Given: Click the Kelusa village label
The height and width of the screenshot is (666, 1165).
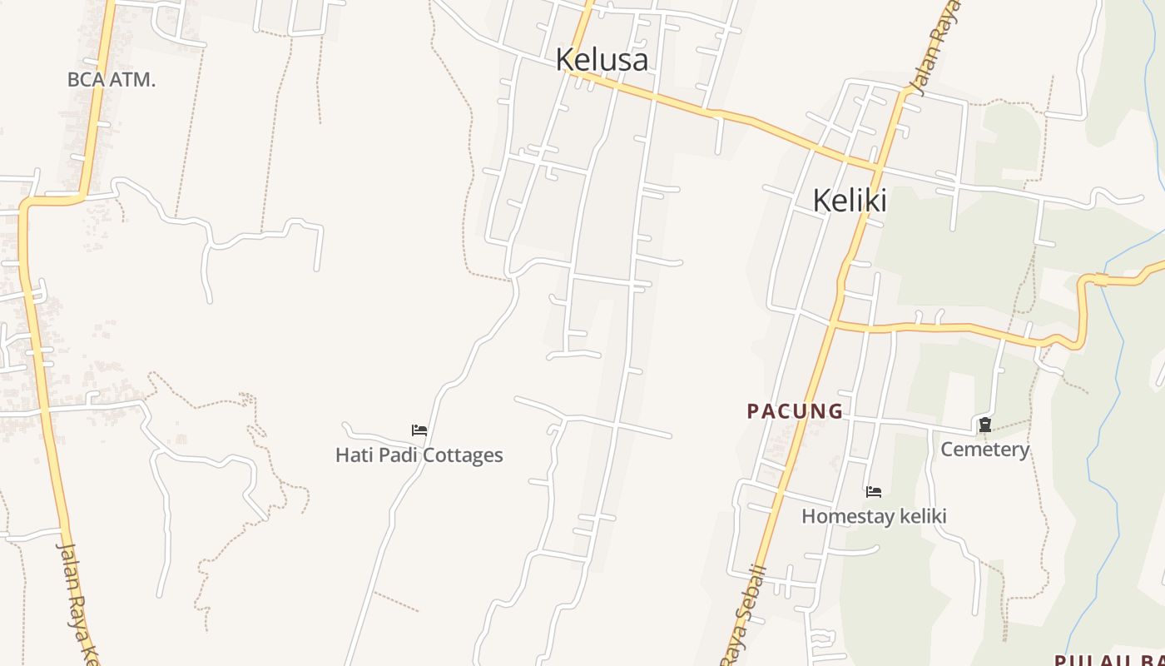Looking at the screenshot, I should [602, 60].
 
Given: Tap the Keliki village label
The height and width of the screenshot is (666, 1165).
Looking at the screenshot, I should [849, 201].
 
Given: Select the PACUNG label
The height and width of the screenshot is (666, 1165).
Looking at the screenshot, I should [795, 411].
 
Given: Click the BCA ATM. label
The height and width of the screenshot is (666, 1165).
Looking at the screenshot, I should [112, 80].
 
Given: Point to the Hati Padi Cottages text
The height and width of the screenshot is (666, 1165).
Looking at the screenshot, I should [419, 455].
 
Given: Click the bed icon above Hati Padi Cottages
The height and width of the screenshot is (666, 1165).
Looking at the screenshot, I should [419, 430].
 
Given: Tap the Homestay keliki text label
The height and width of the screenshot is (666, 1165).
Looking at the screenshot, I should [874, 516].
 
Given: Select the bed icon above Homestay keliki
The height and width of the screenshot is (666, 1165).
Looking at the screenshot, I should [874, 492].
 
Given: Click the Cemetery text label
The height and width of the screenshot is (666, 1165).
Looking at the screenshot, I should [984, 450].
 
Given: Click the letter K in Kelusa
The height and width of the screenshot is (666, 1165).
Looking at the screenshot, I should [565, 60].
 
